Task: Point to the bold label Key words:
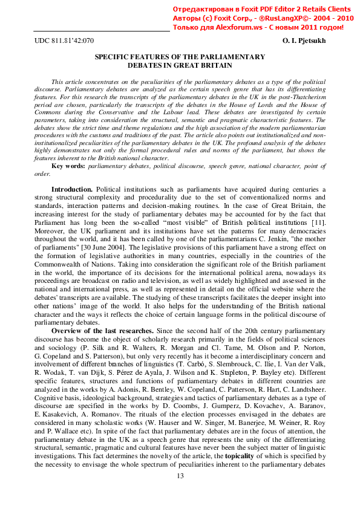click(69, 166)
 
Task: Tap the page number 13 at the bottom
click(180, 494)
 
